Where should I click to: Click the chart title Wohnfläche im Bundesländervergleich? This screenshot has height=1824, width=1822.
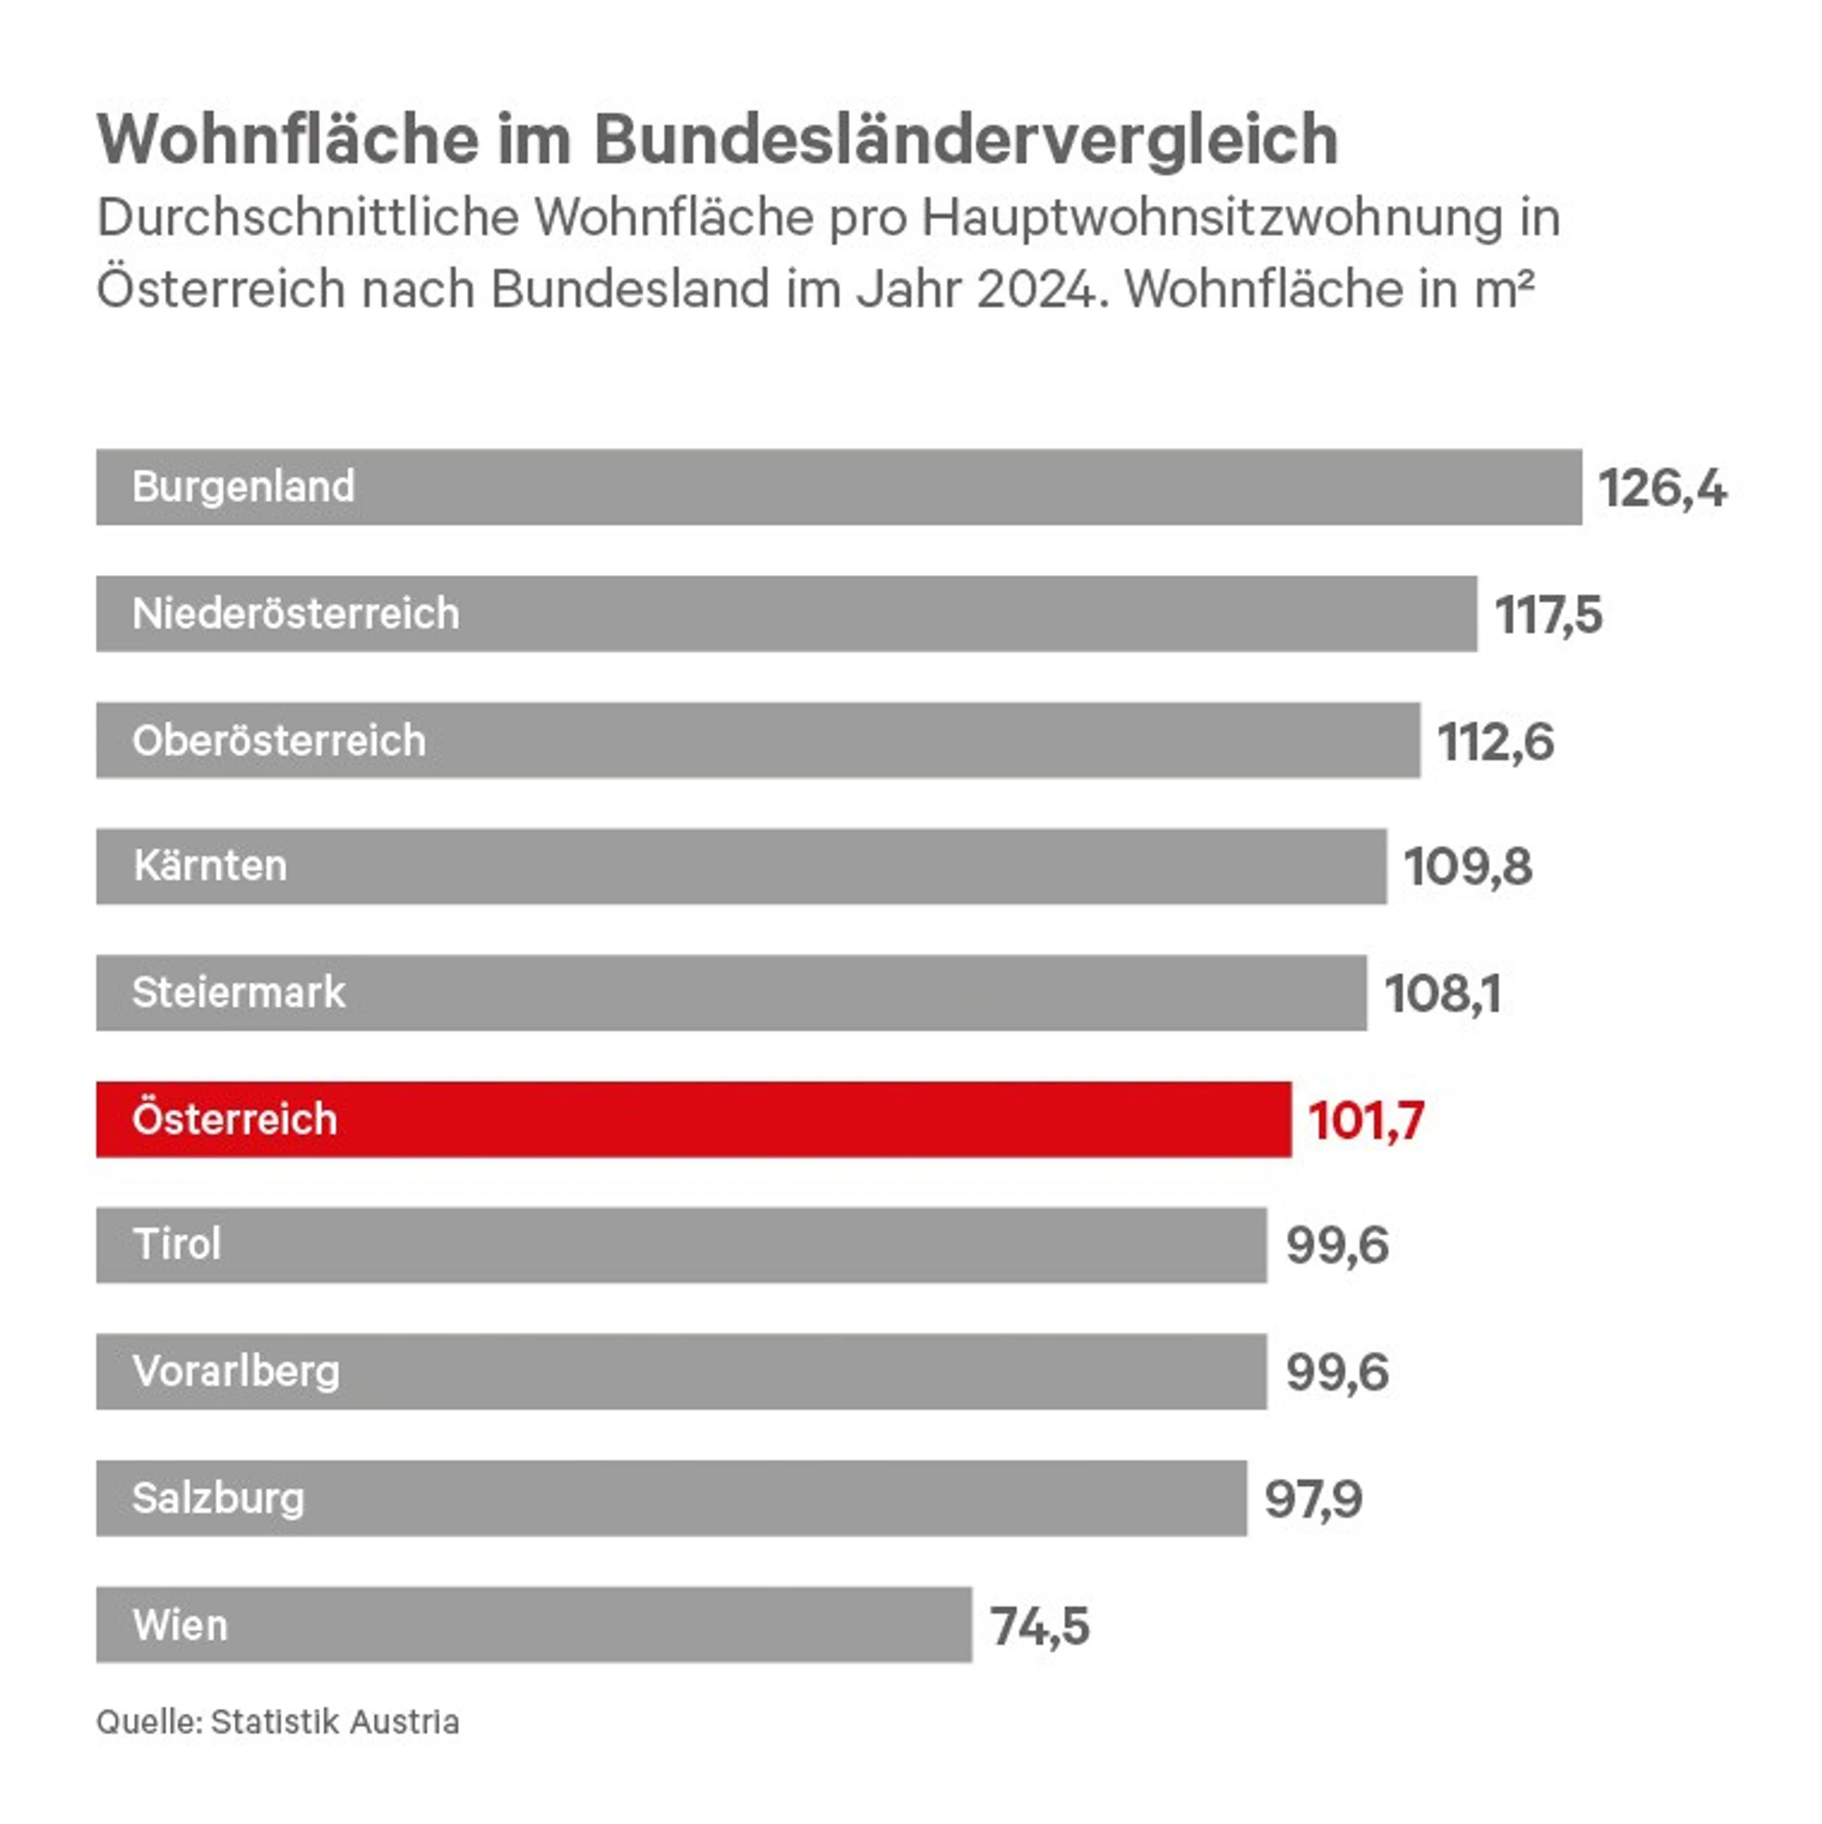click(717, 139)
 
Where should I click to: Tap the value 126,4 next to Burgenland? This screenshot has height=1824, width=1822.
click(1662, 488)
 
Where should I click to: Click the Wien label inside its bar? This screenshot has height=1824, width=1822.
click(180, 1625)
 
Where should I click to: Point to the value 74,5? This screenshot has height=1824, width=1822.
click(1039, 1627)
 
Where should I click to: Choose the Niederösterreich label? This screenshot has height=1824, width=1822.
click(295, 613)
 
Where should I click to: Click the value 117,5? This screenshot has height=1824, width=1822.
click(1548, 615)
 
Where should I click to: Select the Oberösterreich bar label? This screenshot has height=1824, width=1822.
click(278, 740)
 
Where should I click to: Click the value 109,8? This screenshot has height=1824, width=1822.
click(1468, 867)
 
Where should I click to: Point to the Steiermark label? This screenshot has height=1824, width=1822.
click(239, 992)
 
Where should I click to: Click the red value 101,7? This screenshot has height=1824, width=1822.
click(1366, 1121)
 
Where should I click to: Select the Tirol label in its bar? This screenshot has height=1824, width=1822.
click(177, 1244)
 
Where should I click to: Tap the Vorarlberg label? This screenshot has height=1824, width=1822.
click(236, 1371)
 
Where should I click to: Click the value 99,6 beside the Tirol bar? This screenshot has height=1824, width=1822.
click(1337, 1245)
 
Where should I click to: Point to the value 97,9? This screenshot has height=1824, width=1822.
click(1313, 1499)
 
